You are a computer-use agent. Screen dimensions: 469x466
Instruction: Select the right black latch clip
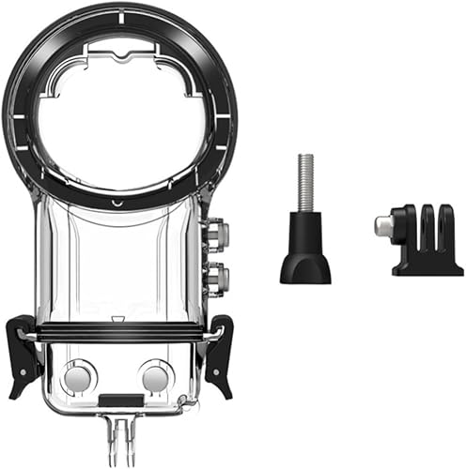pyautogui.click(x=220, y=353)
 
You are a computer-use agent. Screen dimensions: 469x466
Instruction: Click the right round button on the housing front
pyautogui.click(x=154, y=377)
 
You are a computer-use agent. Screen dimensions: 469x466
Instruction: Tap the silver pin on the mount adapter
pyautogui.click(x=381, y=225)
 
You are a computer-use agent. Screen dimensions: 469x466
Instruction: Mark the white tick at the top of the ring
pyautogui.click(x=119, y=10)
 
